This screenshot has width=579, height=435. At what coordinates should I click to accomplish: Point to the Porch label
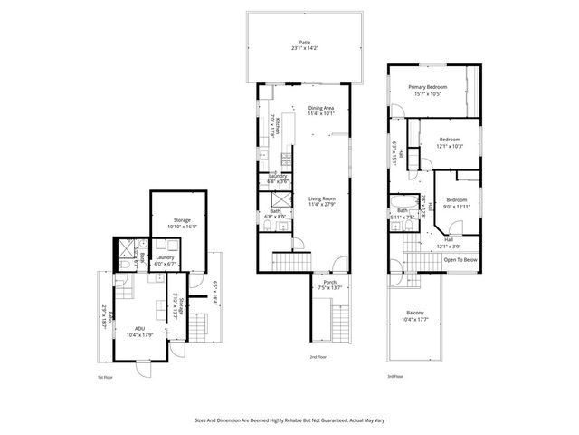[330, 285]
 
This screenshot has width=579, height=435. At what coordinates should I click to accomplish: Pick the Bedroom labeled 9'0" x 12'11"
[456, 203]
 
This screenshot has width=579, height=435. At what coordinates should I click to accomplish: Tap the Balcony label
[414, 315]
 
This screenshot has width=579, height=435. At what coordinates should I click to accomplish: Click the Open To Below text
[460, 260]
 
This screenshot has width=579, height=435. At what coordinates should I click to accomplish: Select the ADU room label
[139, 332]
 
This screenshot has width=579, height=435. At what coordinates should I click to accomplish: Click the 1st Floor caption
[106, 376]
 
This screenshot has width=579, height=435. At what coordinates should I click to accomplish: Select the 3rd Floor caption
[395, 376]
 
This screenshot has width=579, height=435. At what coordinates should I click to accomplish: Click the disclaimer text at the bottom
[289, 420]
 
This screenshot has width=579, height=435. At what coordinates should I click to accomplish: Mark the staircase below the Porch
[339, 320]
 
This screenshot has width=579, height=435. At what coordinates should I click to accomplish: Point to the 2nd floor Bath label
[274, 214]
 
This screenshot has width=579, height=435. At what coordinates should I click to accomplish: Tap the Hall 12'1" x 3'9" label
[450, 243]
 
